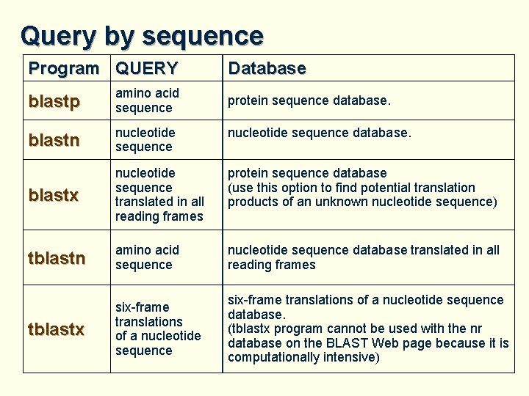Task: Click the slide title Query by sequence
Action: [142, 35]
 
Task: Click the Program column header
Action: [63, 69]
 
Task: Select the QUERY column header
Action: [147, 69]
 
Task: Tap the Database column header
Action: [267, 69]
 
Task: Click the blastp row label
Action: [54, 101]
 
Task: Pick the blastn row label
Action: [54, 140]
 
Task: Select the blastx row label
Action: [53, 195]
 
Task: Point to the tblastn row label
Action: [57, 257]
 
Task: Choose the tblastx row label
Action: [56, 329]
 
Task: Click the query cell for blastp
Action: [147, 100]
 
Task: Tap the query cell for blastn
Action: [145, 139]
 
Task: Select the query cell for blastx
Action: [159, 194]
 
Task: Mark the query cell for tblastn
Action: [147, 257]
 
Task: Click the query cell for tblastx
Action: [157, 329]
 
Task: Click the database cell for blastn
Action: [320, 133]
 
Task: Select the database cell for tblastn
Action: [363, 257]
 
